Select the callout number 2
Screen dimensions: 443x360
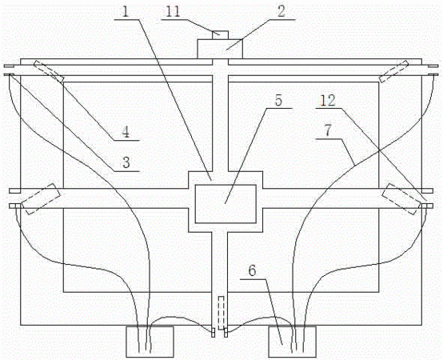(x=281, y=12)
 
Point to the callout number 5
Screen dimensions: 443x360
(x=278, y=101)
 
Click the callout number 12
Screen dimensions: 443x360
(x=328, y=101)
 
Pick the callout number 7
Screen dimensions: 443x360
(x=327, y=130)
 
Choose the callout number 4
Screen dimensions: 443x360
(x=126, y=132)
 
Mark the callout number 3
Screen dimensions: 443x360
(x=126, y=163)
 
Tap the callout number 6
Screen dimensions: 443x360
(x=252, y=270)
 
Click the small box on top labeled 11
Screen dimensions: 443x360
(x=220, y=35)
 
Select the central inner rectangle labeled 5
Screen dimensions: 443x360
(x=225, y=204)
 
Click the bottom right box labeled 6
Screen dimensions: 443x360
(x=292, y=342)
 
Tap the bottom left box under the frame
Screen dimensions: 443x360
(x=150, y=342)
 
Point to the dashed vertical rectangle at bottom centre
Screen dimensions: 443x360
(x=221, y=313)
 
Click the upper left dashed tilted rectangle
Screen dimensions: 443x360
(x=49, y=71)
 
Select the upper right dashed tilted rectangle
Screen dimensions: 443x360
(x=394, y=71)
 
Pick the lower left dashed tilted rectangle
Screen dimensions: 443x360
(x=41, y=199)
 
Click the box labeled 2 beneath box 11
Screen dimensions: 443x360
(x=220, y=49)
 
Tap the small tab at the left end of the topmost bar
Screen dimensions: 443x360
(x=9, y=66)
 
